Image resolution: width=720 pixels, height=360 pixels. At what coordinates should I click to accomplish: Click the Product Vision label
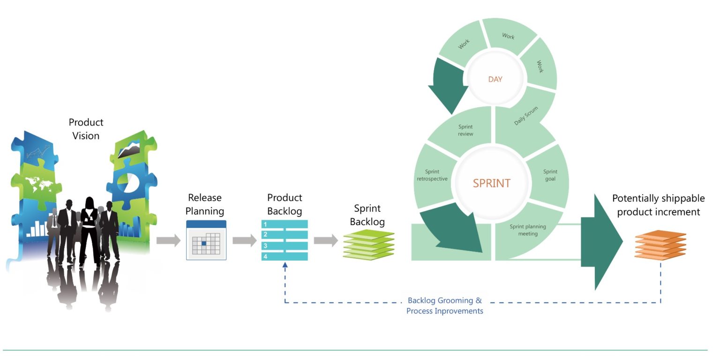[86, 129]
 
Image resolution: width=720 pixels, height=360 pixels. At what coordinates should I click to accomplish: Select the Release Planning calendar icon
[206, 240]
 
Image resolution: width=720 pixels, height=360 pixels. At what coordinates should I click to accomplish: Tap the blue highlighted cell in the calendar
[204, 243]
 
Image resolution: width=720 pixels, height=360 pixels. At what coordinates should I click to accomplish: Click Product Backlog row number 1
[284, 225]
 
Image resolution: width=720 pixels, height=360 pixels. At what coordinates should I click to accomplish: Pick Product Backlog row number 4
[284, 256]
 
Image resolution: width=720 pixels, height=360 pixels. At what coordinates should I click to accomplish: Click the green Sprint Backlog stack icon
[368, 245]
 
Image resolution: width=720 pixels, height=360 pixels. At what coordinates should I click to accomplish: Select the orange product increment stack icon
[660, 244]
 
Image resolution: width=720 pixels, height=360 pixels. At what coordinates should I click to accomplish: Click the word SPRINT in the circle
[491, 183]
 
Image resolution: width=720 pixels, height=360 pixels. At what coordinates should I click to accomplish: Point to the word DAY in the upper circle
[495, 79]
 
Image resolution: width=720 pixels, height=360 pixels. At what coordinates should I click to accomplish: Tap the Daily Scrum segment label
[526, 116]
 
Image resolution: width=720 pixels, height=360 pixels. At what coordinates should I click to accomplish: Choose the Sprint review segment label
[465, 130]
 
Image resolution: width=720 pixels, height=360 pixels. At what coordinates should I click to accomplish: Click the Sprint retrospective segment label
[432, 175]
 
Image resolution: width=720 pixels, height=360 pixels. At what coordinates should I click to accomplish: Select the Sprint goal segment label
[550, 175]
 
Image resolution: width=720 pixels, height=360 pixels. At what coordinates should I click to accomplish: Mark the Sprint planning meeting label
[528, 230]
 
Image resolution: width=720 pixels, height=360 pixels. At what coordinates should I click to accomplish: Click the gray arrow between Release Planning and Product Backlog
[244, 241]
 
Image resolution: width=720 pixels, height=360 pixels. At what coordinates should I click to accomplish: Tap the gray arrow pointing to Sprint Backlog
[325, 241]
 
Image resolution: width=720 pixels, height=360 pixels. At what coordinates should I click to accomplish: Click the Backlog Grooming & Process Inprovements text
[444, 306]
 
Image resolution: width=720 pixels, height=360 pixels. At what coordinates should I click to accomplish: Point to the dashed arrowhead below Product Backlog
[285, 265]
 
